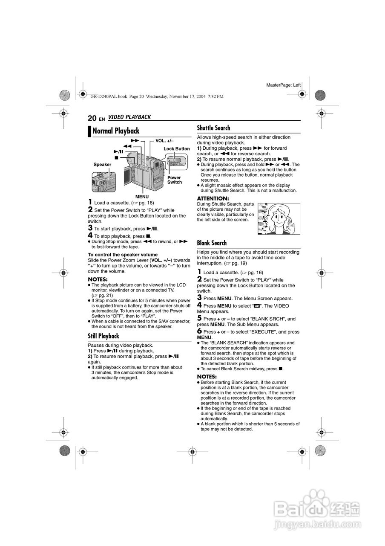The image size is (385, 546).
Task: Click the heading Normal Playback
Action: click(115, 131)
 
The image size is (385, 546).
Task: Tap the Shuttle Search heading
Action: click(213, 128)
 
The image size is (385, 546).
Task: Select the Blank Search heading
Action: click(212, 243)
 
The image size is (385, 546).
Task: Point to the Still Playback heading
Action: click(103, 336)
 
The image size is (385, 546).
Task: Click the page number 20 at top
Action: click(92, 118)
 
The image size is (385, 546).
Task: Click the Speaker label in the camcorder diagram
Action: click(102, 164)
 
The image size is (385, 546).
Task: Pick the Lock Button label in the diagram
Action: click(177, 149)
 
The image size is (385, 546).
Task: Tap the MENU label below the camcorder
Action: click(142, 197)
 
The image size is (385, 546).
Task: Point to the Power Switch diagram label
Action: click(174, 180)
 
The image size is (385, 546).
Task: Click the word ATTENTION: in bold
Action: click(213, 199)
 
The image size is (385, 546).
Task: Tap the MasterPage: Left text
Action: click(283, 85)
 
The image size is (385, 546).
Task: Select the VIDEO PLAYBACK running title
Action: click(129, 117)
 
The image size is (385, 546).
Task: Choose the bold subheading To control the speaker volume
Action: click(123, 255)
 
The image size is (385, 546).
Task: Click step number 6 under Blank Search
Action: click(199, 331)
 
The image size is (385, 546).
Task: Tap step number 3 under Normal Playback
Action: click(90, 228)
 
